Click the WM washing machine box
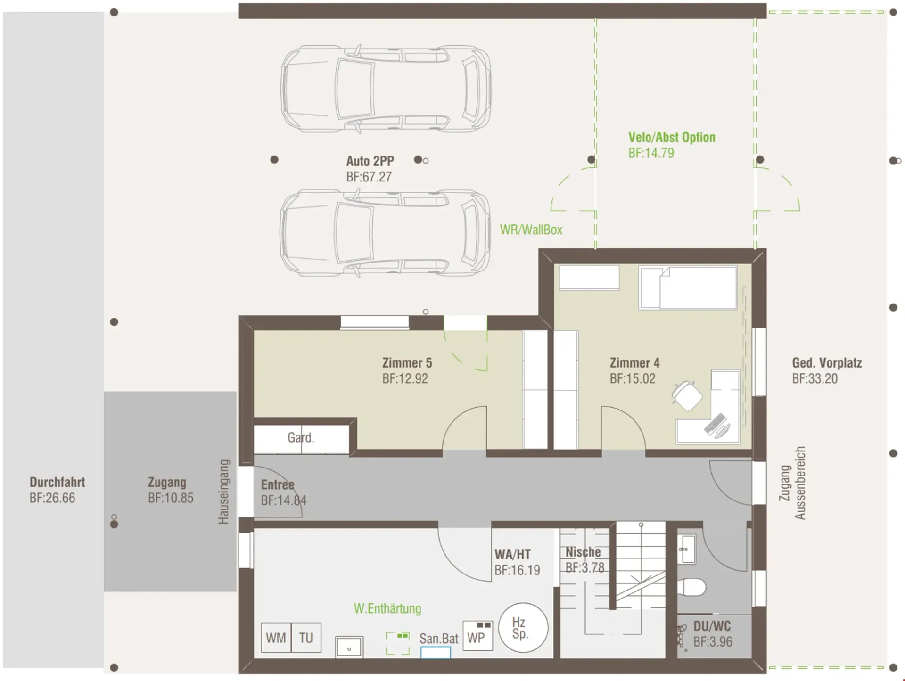pyautogui.click(x=276, y=638)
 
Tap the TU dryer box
pyautogui.click(x=306, y=638)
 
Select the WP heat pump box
pyautogui.click(x=477, y=636)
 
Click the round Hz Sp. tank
pyautogui.click(x=523, y=628)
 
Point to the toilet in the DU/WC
pyautogui.click(x=692, y=588)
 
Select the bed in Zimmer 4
pyautogui.click(x=688, y=287)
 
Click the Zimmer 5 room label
pyautogui.click(x=407, y=363)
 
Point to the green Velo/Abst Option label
pyautogui.click(x=672, y=138)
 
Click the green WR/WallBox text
pyautogui.click(x=531, y=230)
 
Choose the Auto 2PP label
pyautogui.click(x=370, y=161)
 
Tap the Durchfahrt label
pyautogui.click(x=58, y=482)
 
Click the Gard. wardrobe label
pyautogui.click(x=301, y=438)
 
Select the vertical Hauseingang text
pyautogui.click(x=223, y=492)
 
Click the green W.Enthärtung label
pyautogui.click(x=387, y=608)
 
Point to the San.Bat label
pyautogui.click(x=439, y=639)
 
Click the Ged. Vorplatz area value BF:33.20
pyautogui.click(x=815, y=379)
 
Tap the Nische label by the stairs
pyautogui.click(x=583, y=552)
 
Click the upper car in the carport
pyautogui.click(x=386, y=89)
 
